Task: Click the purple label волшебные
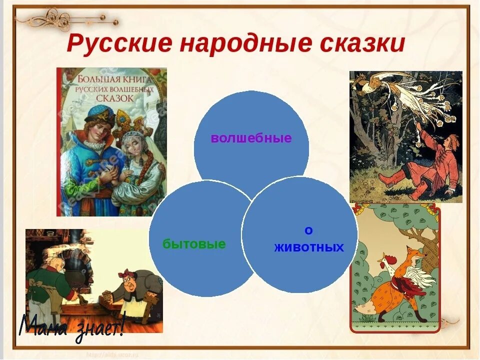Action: (x=251, y=138)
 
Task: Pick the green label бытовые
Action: (x=194, y=244)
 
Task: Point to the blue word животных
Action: (x=309, y=247)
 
